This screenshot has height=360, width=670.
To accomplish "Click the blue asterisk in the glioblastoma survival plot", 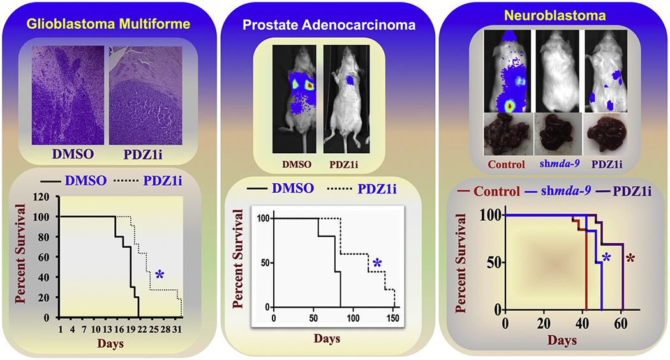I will click(x=159, y=275).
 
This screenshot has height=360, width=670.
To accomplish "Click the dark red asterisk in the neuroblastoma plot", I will click(x=630, y=259).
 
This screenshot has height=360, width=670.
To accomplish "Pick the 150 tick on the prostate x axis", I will click(x=394, y=318).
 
